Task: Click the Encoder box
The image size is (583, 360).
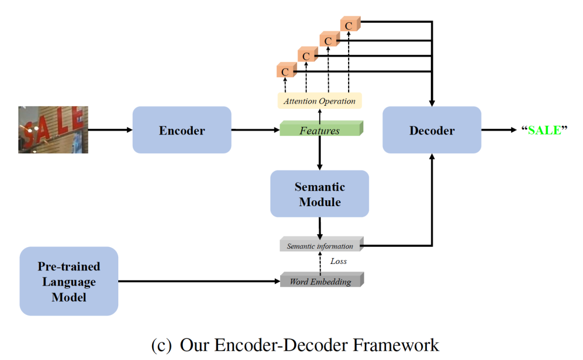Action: [182, 130]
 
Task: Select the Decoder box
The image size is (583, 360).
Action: [432, 130]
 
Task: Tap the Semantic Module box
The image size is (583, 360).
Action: [320, 194]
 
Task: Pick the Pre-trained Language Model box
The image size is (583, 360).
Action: [69, 281]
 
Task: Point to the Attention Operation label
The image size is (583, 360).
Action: [320, 101]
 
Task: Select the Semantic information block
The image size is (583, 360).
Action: [321, 246]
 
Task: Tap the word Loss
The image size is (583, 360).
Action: [338, 261]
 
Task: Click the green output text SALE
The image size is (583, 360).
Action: [544, 130]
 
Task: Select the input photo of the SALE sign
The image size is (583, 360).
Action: [53, 130]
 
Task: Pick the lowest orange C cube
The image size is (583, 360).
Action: [286, 71]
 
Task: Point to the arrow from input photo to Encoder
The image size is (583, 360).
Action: [110, 130]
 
